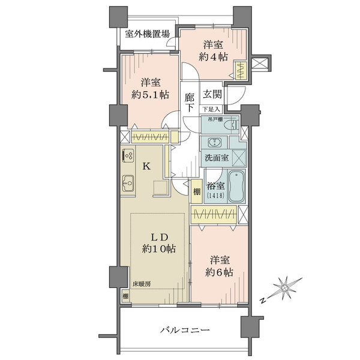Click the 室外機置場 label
click(x=147, y=34)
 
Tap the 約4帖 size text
click(x=213, y=57)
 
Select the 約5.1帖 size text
click(x=151, y=94)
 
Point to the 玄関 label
click(x=212, y=94)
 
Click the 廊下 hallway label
click(x=190, y=103)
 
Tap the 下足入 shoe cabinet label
click(x=211, y=109)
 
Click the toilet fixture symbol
click(x=231, y=125)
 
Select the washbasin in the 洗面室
click(x=215, y=143)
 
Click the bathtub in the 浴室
click(x=236, y=187)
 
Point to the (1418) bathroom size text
click(x=215, y=196)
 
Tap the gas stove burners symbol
click(x=128, y=154)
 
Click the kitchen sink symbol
click(x=128, y=183)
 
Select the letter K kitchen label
click(x=147, y=166)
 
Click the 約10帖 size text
click(x=159, y=248)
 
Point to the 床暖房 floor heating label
click(x=142, y=284)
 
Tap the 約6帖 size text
click(x=219, y=272)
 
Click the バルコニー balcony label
click(x=185, y=331)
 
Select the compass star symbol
click(x=286, y=288)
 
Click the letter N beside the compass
click(x=263, y=301)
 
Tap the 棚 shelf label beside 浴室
click(x=197, y=191)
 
